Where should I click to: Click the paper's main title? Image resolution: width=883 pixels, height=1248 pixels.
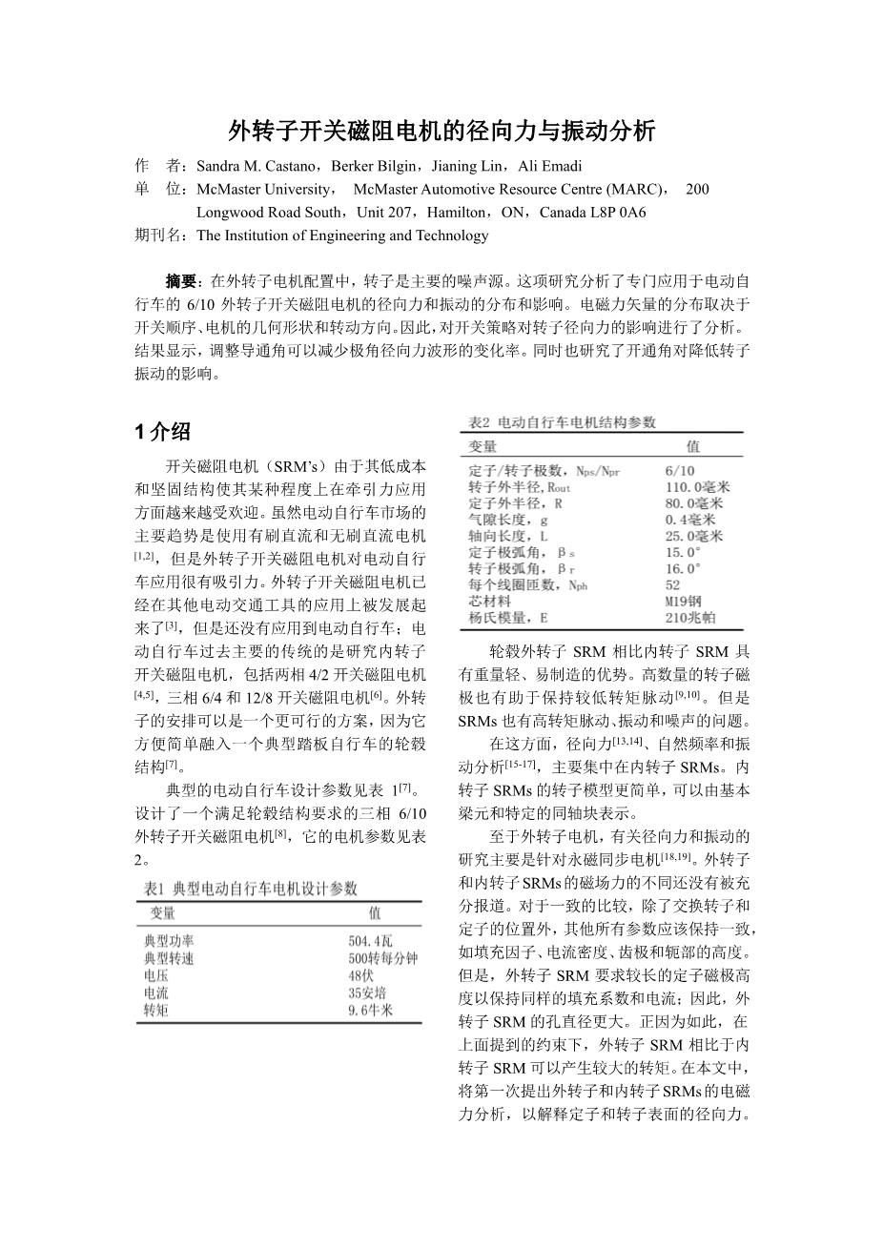click(x=441, y=131)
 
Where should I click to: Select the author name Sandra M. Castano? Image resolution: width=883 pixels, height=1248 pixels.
click(x=250, y=166)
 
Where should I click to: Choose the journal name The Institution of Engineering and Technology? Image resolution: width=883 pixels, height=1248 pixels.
click(x=342, y=235)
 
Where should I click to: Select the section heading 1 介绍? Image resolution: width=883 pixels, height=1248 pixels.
click(x=163, y=432)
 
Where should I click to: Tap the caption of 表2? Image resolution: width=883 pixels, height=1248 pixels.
click(x=560, y=422)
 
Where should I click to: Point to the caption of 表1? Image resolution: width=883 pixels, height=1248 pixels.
click(x=250, y=889)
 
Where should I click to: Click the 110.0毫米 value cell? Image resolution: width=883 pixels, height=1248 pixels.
click(x=697, y=487)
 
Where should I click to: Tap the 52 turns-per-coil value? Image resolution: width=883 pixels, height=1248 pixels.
click(x=673, y=585)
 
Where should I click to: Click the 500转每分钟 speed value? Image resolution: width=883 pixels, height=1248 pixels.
click(x=382, y=958)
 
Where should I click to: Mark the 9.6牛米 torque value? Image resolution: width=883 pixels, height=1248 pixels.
click(x=370, y=1010)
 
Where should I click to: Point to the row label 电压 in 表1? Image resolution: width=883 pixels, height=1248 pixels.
click(x=155, y=975)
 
